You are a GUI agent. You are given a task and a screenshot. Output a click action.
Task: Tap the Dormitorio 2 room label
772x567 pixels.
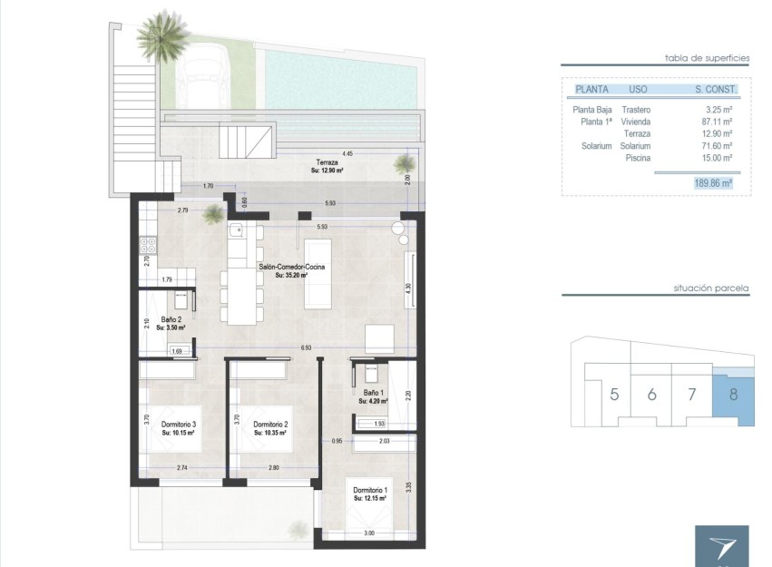pos(270,425)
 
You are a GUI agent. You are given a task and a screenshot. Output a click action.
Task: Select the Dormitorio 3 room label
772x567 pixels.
pos(179,425)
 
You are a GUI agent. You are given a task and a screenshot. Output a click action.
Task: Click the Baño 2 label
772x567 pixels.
pos(171,320)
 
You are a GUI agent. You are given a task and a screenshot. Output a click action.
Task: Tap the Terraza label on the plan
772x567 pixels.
pos(315,162)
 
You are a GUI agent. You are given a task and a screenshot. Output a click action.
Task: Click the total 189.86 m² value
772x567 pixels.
pos(713,182)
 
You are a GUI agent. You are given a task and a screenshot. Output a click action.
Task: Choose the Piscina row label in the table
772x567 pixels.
pos(638,157)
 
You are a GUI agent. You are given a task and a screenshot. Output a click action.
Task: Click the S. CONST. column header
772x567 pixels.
pos(716,90)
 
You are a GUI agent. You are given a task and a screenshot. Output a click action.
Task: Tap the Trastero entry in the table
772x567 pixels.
pos(636,109)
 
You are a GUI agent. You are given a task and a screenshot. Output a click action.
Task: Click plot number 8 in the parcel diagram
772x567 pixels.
pos(732,394)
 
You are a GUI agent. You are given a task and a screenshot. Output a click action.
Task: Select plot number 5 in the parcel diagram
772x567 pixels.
pos(614,394)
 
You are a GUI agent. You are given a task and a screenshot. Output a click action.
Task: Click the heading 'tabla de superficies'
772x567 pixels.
pos(707,57)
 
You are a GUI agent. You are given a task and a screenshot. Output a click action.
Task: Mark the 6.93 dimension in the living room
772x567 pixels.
pos(306,348)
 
